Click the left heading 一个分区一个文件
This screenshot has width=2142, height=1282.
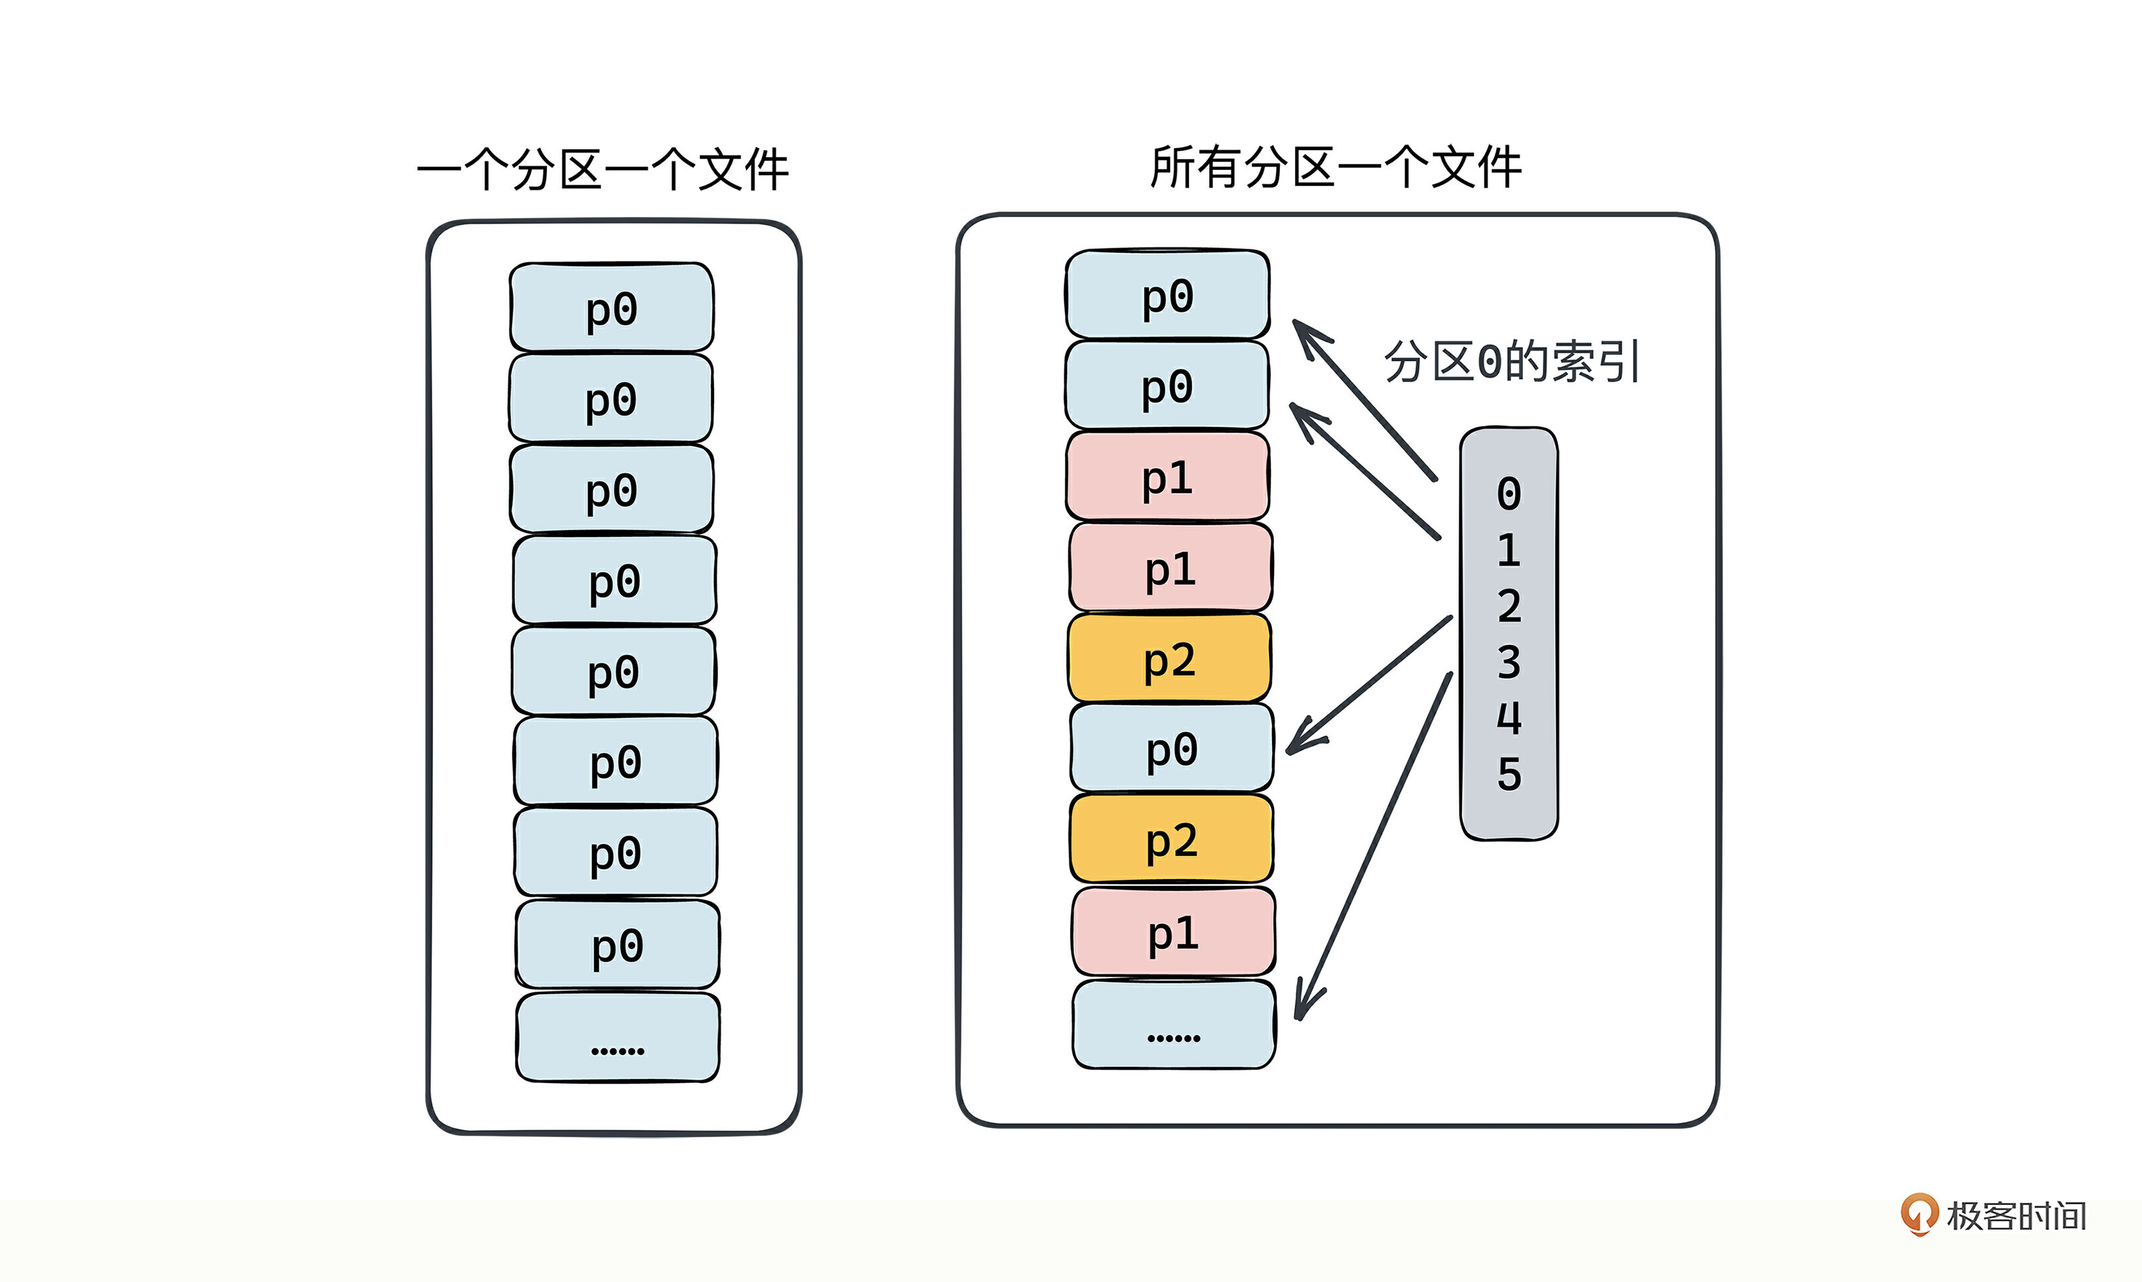point(603,169)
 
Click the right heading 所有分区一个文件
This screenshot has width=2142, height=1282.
point(1335,167)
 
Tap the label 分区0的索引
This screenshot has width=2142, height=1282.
point(1512,361)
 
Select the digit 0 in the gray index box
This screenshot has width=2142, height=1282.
point(1509,494)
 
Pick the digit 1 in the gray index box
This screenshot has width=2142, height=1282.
point(1509,550)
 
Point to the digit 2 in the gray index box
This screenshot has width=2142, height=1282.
point(1509,606)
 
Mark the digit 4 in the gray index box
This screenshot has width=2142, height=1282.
point(1509,718)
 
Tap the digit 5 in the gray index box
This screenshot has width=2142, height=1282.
point(1509,774)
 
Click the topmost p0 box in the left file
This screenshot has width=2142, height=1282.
point(612,307)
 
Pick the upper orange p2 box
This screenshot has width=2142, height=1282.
point(1169,658)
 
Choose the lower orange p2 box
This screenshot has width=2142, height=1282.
point(1171,839)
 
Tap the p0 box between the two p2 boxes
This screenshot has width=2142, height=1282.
point(1172,748)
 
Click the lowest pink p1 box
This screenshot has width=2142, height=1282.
point(1174,933)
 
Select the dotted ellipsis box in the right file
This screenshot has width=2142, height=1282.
point(1174,1025)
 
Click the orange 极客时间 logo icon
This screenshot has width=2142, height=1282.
point(1918,1214)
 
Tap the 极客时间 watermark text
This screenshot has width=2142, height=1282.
point(2017,1216)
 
